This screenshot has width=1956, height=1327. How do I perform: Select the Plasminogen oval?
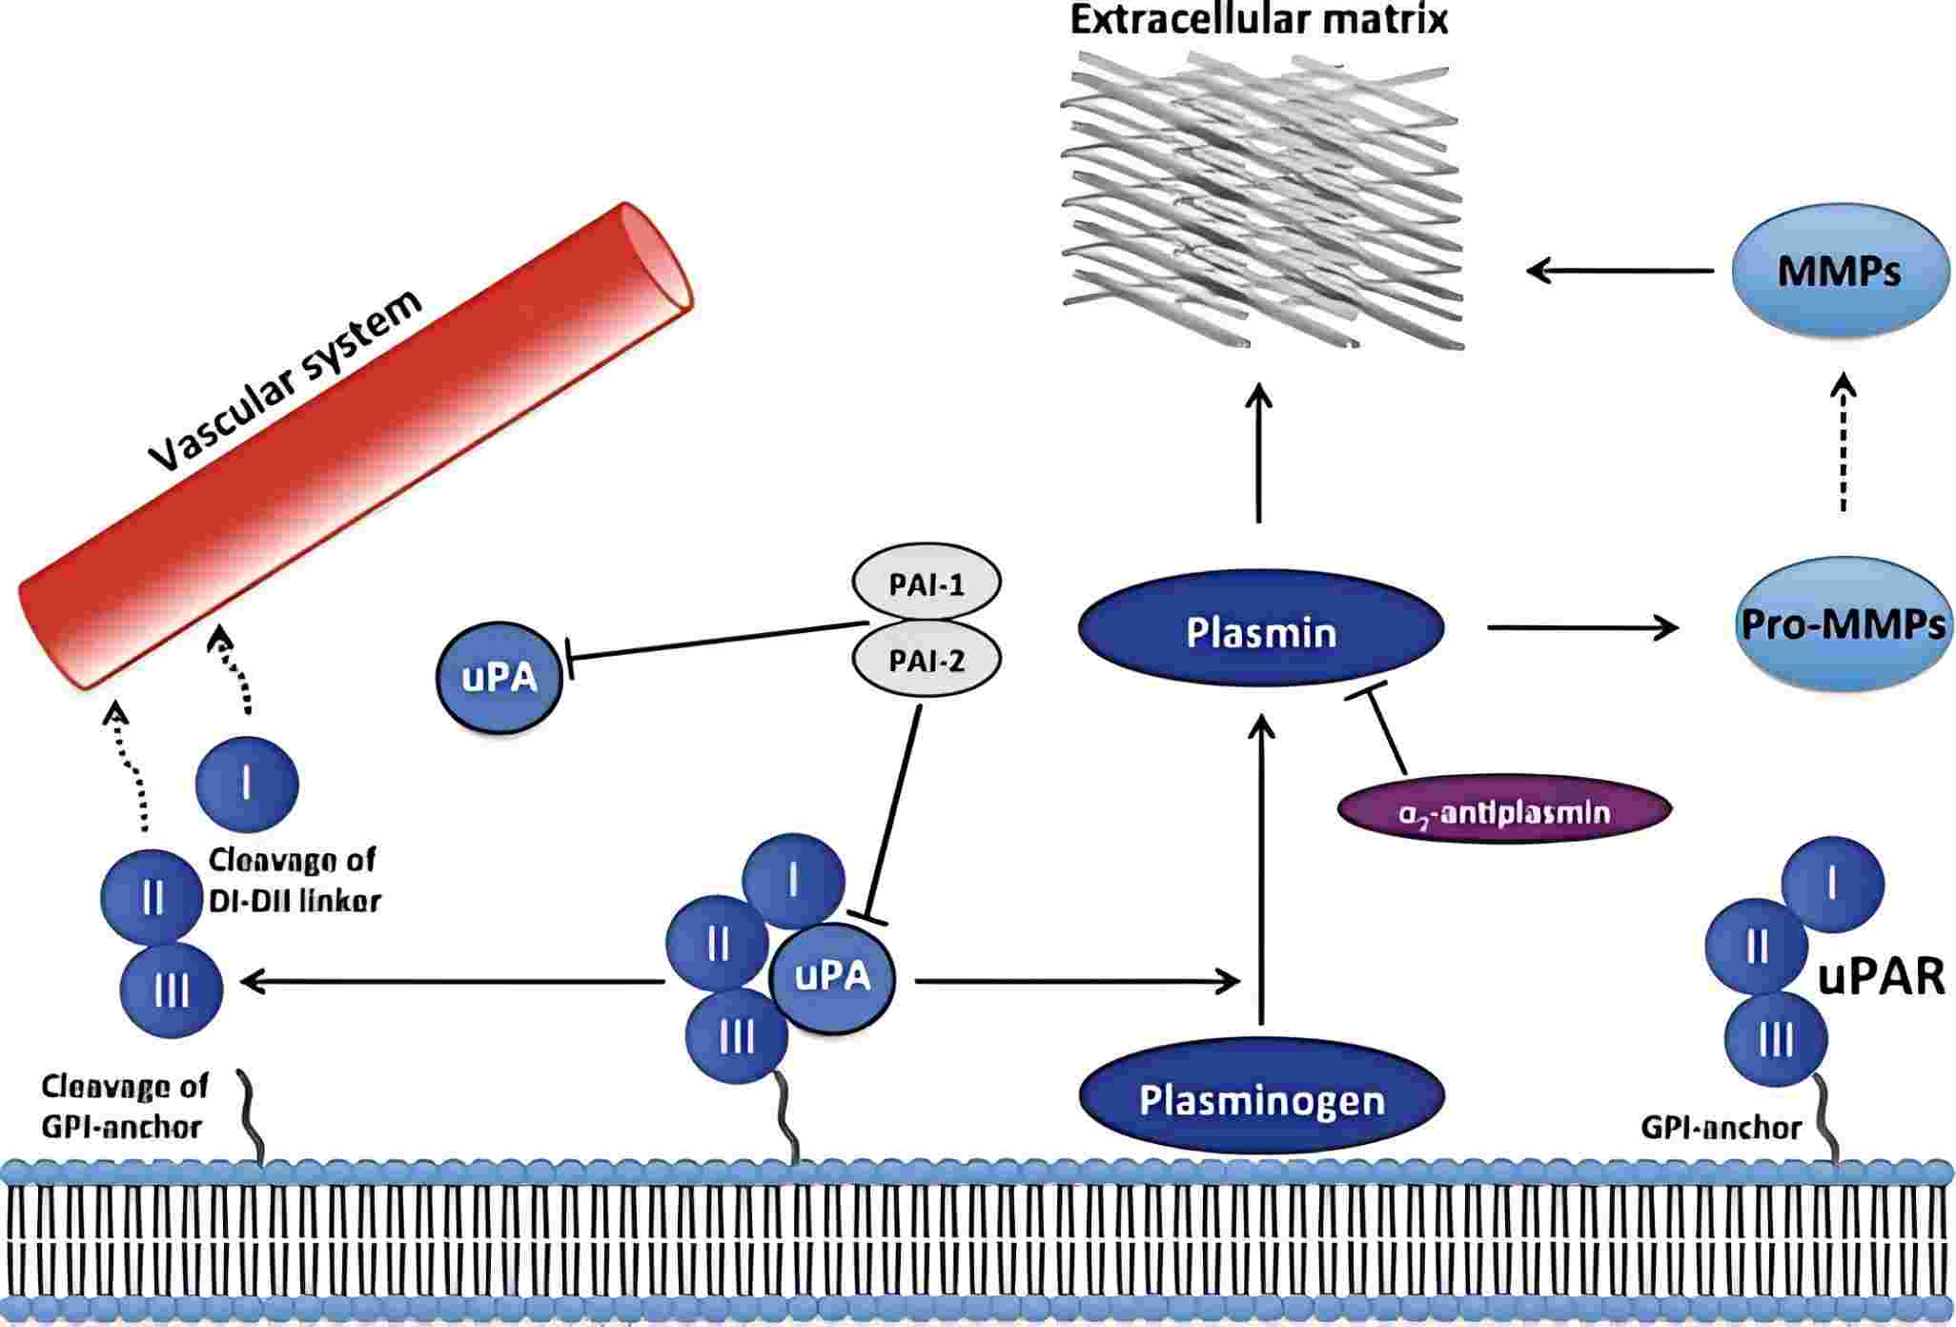(1260, 1100)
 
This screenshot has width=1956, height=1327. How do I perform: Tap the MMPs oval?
(1838, 271)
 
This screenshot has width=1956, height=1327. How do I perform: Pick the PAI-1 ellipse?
(926, 583)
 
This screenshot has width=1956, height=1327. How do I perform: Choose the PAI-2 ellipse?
(926, 660)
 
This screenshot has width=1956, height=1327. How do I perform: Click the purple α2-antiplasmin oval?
(1504, 812)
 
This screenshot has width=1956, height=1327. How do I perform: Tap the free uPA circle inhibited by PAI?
(499, 678)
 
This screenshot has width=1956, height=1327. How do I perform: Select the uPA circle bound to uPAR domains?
(832, 977)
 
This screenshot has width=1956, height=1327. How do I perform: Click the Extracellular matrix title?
(1258, 19)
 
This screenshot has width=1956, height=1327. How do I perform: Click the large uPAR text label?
(1881, 977)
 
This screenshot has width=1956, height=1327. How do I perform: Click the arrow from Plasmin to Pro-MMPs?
(1582, 626)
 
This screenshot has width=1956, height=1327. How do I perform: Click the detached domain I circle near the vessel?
(247, 784)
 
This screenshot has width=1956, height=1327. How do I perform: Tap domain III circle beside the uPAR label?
(1776, 1041)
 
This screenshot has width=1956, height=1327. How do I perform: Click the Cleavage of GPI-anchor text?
(124, 1106)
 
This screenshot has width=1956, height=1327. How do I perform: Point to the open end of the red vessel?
(658, 259)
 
